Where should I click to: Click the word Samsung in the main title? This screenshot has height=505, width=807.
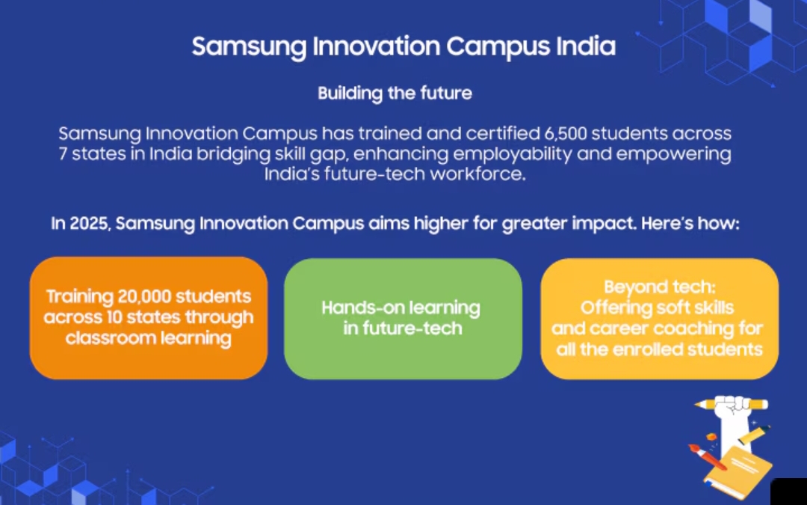pyautogui.click(x=249, y=47)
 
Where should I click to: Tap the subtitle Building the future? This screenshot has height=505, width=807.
pyautogui.click(x=395, y=94)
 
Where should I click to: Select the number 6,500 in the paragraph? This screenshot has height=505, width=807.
pyautogui.click(x=565, y=134)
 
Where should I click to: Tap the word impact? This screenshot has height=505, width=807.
pyautogui.click(x=606, y=224)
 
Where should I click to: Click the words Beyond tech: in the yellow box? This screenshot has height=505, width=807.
pyautogui.click(x=660, y=287)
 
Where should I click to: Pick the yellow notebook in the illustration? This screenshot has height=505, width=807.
pyautogui.click(x=738, y=469)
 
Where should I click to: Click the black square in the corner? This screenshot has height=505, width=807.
pyautogui.click(x=789, y=492)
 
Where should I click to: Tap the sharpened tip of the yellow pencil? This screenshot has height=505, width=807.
pyautogui.click(x=696, y=405)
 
